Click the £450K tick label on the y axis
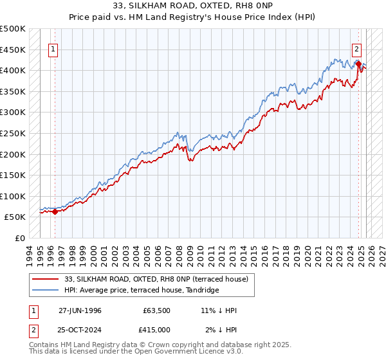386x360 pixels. (x=13, y=50)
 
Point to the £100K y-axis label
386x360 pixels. (x=13, y=196)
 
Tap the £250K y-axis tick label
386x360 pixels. (x=13, y=133)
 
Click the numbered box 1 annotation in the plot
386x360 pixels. (x=53, y=48)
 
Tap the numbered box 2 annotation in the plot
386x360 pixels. (x=356, y=48)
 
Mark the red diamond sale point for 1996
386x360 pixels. (x=55, y=212)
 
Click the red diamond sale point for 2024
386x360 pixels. (x=358, y=64)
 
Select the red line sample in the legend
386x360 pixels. (x=45, y=278)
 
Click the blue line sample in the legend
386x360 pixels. (x=45, y=290)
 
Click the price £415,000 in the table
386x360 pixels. (x=157, y=330)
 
